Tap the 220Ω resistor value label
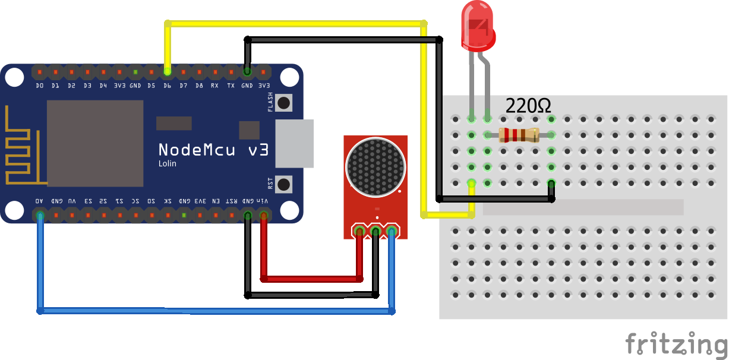pyautogui.click(x=528, y=106)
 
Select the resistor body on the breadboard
pyautogui.click(x=519, y=135)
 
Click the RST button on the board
pyautogui.click(x=284, y=183)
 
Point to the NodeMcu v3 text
pyautogui.click(x=213, y=149)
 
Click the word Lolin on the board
pyautogui.click(x=167, y=163)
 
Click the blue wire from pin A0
pyautogui.click(x=214, y=310)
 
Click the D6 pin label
pyautogui.click(x=168, y=86)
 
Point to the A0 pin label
pyautogui.click(x=40, y=201)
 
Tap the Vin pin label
pyautogui.click(x=263, y=201)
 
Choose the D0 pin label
pyautogui.click(x=40, y=86)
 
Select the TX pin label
pyautogui.click(x=231, y=86)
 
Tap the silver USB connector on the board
pyautogui.click(x=294, y=143)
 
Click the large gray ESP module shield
pyautogui.click(x=95, y=143)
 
